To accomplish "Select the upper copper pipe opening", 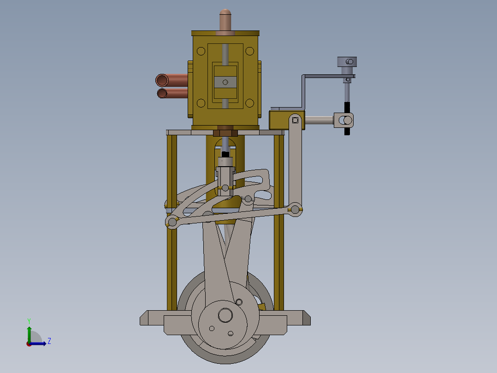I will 162,80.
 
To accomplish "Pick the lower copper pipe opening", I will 162,94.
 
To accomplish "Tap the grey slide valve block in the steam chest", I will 225,82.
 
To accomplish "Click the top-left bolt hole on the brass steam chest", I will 201,51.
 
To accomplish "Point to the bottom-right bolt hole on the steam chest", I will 249,103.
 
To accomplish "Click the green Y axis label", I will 29,320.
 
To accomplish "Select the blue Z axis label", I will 49,341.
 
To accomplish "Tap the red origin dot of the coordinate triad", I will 29,344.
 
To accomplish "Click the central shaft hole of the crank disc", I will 225,315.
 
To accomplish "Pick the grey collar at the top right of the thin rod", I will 347,61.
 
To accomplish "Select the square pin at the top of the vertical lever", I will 295,121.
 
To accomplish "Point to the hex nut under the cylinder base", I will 225,132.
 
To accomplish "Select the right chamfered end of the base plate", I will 305,318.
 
